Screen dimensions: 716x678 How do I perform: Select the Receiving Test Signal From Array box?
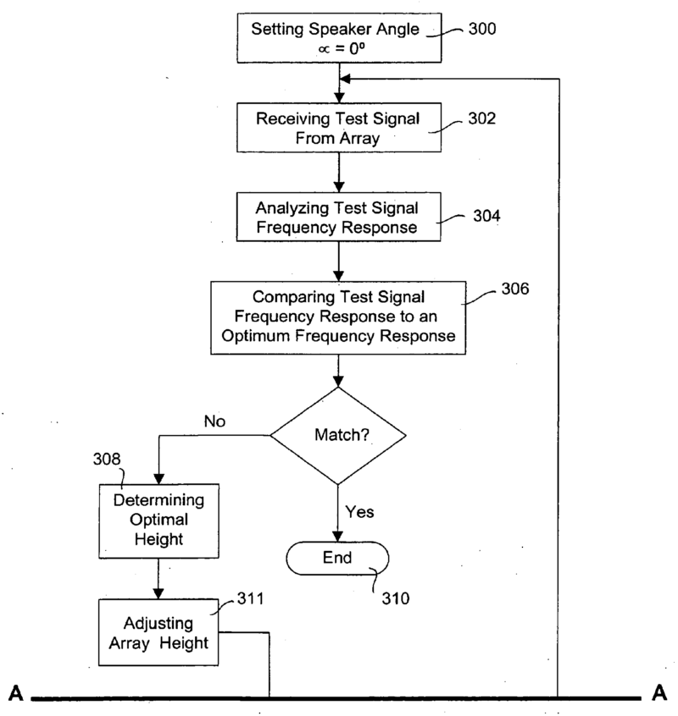click(338, 127)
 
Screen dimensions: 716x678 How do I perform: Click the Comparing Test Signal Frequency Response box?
click(338, 314)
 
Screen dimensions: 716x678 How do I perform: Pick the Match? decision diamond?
click(338, 437)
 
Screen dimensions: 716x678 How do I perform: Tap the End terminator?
click(338, 558)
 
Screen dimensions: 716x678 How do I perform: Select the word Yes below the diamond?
click(358, 511)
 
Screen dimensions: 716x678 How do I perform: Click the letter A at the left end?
click(15, 695)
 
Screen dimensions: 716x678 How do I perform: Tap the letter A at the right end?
click(660, 695)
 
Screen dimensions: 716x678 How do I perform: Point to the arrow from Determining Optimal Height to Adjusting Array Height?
click(158, 583)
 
